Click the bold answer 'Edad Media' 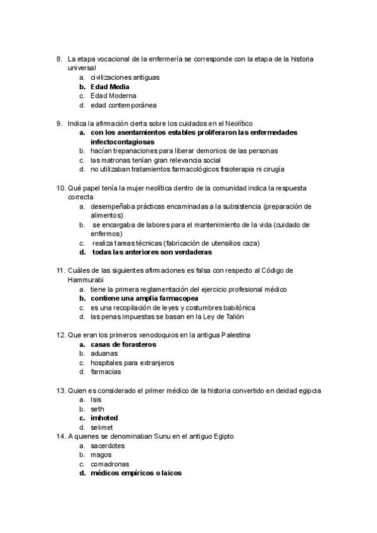pos(110,86)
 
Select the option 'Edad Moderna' pos(114,96)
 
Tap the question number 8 pos(59,58)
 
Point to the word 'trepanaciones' pos(131,151)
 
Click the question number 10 pos(61,187)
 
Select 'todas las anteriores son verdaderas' pos(151,252)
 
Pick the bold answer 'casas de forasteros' pos(123,344)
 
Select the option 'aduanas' pos(104,353)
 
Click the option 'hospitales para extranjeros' pos(132,363)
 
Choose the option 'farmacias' pos(106,371)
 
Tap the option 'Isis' pos(96,399)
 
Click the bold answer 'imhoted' pos(104,417)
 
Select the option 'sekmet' pos(102,427)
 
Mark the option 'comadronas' pos(110,464)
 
